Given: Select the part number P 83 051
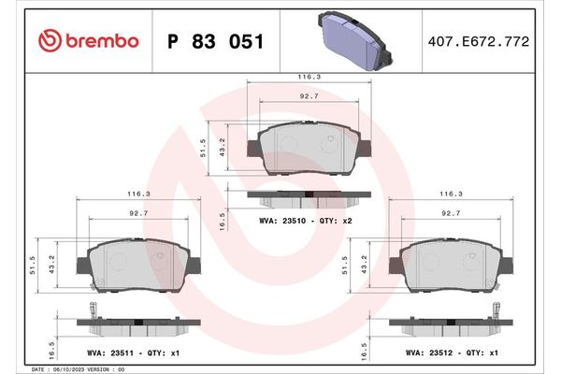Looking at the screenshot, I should coord(214,41).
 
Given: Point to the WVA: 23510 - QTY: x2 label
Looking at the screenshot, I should coord(306,223).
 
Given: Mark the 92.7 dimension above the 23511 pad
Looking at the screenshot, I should coord(138,213).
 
